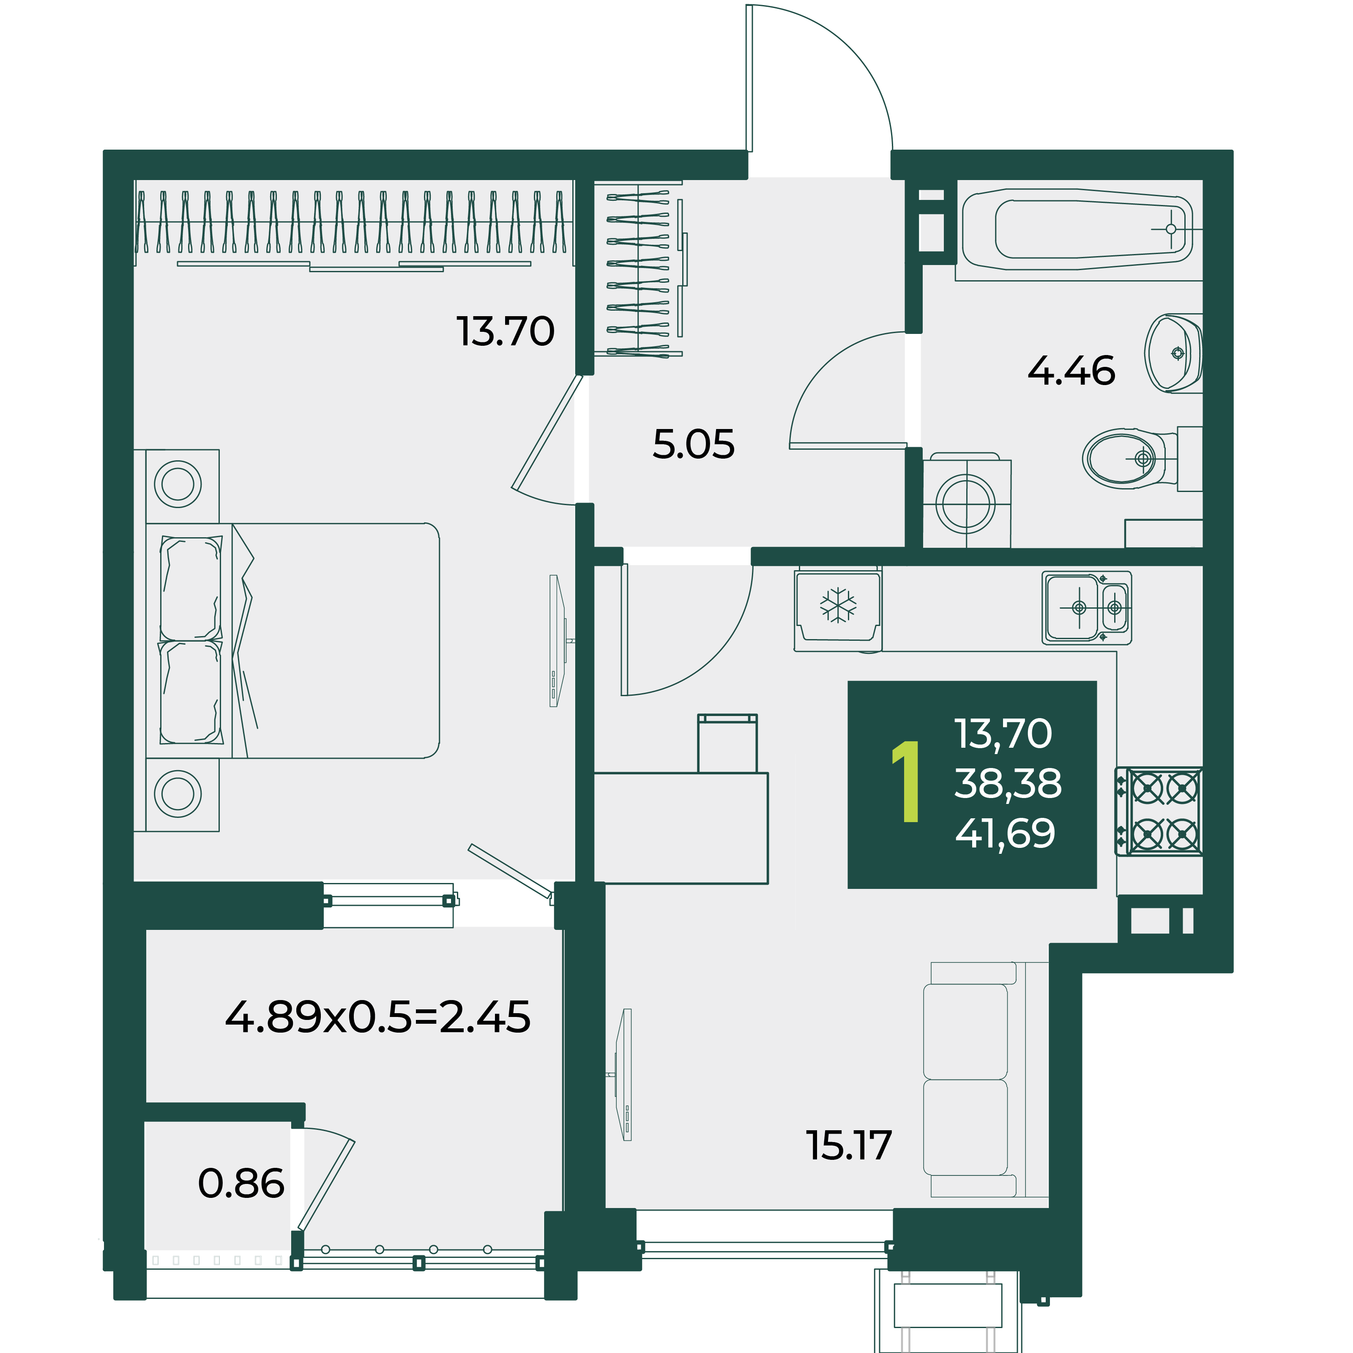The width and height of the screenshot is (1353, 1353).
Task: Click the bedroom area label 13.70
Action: coord(505,331)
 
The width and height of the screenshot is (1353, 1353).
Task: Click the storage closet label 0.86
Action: coord(241,1184)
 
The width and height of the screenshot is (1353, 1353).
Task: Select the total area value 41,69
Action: coord(1005,834)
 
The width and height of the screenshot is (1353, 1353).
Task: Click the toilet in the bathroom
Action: coord(1142,459)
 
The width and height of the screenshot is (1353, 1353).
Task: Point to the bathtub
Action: coord(1079,229)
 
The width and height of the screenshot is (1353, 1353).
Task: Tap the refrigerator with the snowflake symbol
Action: coord(838,608)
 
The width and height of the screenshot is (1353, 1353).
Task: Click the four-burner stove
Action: coord(1159,811)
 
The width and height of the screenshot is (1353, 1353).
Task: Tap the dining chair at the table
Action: coord(727,743)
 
